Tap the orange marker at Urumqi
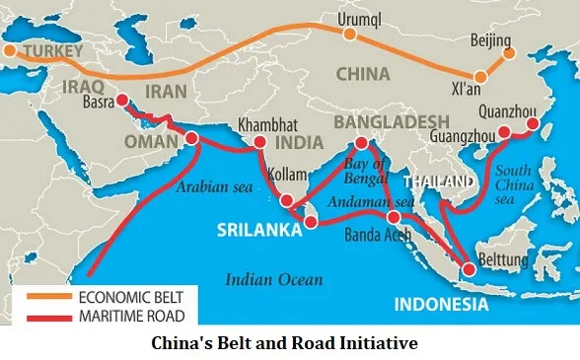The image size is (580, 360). point(349,34)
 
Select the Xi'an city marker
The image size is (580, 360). point(480,76)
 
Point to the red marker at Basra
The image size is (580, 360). point(121,100)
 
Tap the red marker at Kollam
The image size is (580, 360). point(286,201)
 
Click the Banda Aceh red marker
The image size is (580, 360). point(394,217)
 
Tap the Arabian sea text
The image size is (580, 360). point(210,185)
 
